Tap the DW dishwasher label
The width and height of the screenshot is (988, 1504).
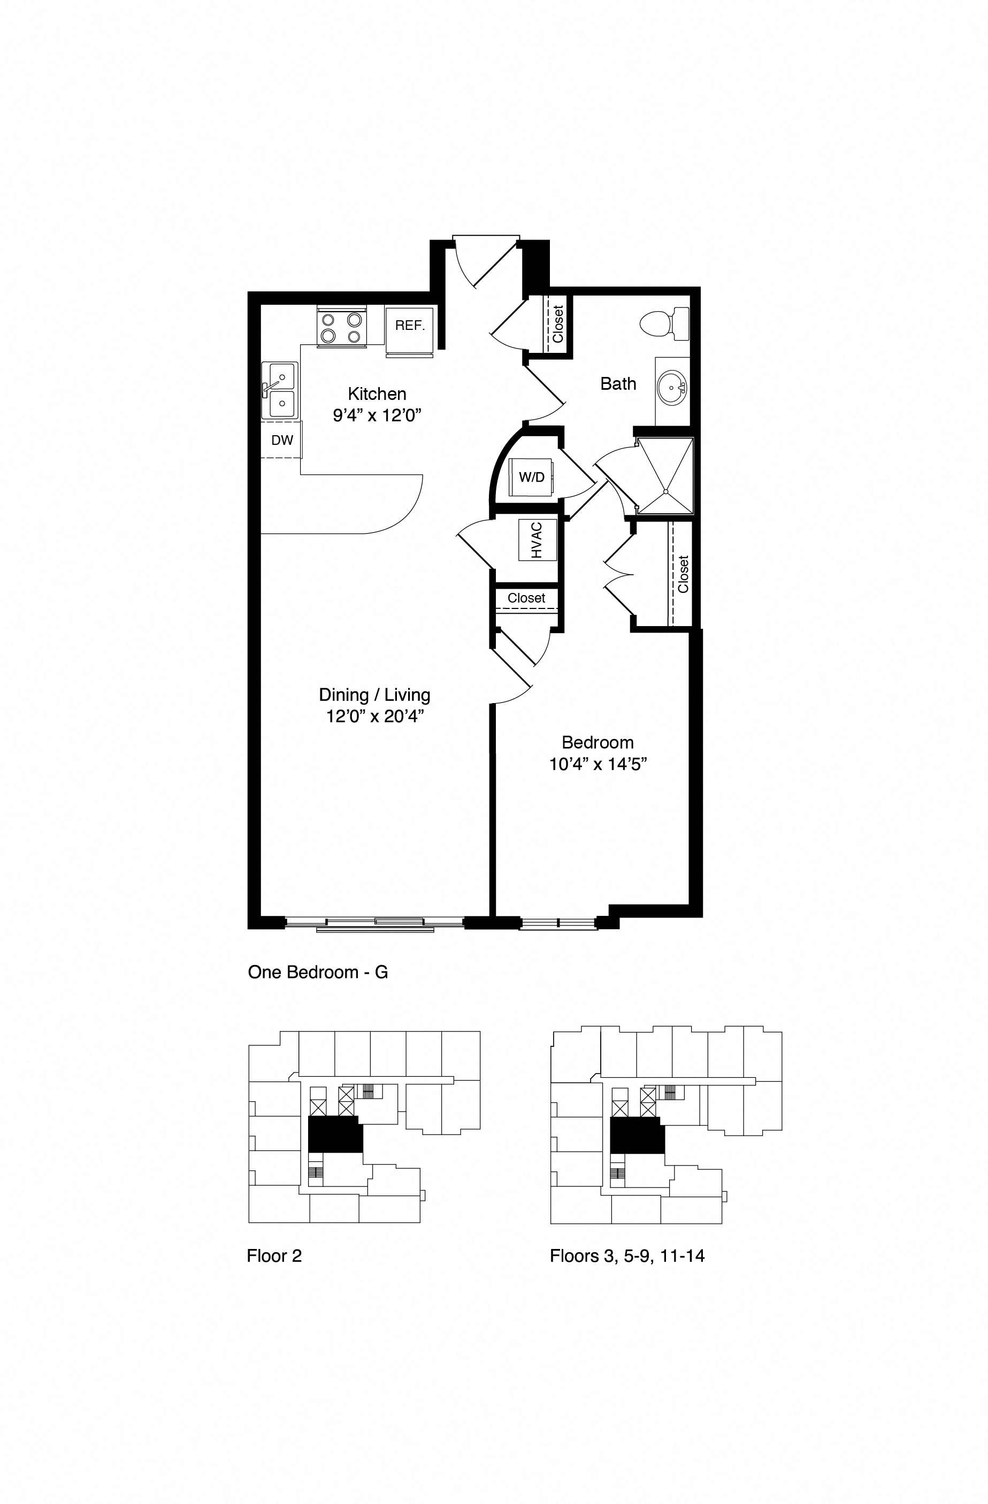[282, 441]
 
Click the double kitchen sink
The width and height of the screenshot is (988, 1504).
[279, 390]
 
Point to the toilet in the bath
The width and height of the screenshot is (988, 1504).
[664, 324]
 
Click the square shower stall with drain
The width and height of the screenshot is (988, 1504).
[664, 475]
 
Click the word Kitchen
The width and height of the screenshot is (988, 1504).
[377, 394]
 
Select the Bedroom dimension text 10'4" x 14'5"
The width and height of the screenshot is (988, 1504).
[598, 765]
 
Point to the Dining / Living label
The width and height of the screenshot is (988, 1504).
[374, 695]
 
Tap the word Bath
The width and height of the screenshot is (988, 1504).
[618, 383]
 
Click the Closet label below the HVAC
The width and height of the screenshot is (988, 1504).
[526, 598]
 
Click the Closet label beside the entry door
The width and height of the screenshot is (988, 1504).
[557, 324]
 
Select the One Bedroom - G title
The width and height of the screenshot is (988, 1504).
[317, 972]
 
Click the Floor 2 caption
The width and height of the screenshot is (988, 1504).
[274, 1256]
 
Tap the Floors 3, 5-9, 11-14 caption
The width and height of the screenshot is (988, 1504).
[626, 1256]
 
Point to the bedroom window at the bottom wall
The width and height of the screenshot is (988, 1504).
[557, 923]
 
